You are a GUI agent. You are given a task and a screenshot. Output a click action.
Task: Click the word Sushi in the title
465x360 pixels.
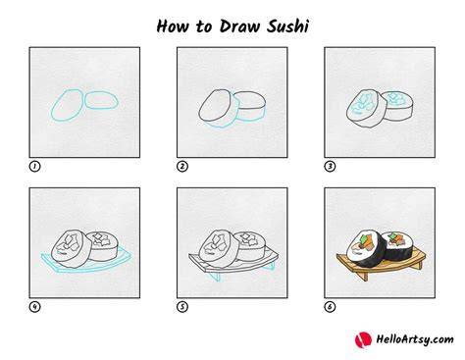coord(287,26)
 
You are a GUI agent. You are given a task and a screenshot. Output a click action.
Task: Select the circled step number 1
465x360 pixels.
coord(34,167)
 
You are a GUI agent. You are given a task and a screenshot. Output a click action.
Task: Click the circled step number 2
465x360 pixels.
coord(182,167)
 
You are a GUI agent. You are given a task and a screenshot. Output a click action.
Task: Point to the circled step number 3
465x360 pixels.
coord(330,167)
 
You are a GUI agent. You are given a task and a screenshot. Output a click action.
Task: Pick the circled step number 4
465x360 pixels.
coord(34,307)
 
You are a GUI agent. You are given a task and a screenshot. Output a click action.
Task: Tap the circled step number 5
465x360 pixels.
coord(182,307)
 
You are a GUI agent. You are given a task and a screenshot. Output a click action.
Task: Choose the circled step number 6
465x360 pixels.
coord(330,307)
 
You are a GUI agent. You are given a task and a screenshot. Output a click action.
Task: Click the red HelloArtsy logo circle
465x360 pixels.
coord(363,339)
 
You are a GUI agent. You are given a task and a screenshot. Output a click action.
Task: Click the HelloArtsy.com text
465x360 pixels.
coord(415,339)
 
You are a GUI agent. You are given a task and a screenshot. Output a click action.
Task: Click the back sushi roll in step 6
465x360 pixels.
coord(400,246)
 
